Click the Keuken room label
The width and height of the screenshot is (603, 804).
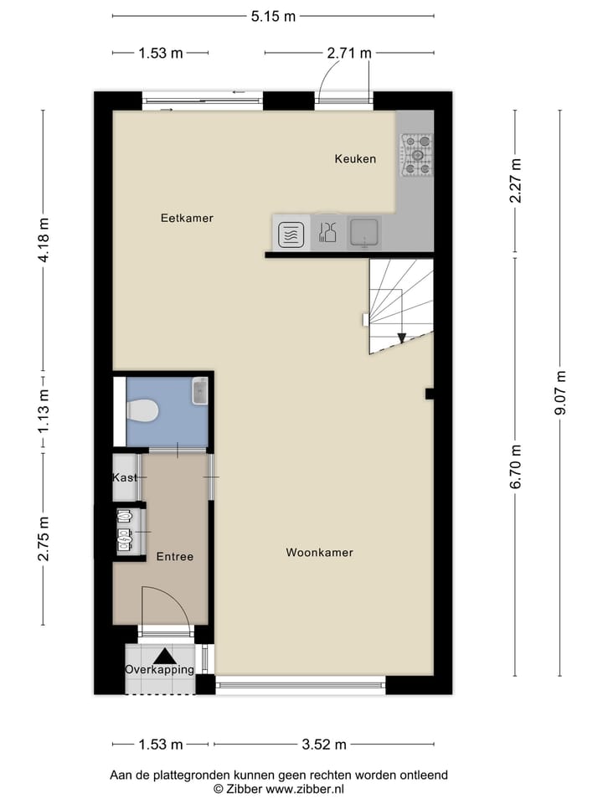355,159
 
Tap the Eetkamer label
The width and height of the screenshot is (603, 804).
187,219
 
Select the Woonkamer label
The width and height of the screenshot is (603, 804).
319,553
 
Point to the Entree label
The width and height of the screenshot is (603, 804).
175,557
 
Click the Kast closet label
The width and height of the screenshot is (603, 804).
125,477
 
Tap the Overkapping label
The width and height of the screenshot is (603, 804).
159,670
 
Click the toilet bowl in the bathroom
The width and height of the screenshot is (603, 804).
142,411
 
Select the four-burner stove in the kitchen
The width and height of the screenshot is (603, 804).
416,156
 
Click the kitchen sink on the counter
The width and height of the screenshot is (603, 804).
365,232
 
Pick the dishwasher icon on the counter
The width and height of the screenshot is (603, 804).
327,233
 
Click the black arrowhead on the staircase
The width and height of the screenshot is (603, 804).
402,338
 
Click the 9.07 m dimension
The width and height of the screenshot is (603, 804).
560,393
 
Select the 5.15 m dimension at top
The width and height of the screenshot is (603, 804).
273,16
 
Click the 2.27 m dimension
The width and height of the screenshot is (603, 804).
515,181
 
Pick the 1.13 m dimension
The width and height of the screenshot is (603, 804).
44,411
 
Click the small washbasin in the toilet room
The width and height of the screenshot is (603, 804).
199,390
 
